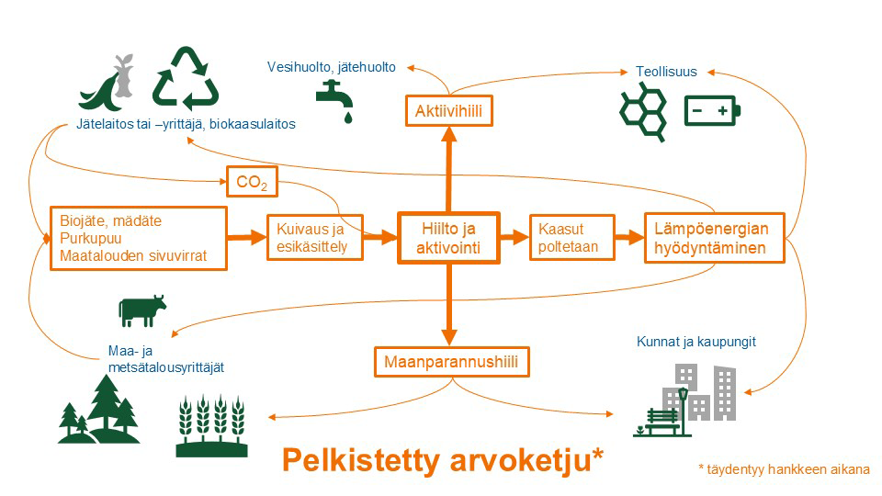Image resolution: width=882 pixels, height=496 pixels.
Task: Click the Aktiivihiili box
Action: tap(449, 112)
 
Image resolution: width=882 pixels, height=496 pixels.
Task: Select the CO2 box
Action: tap(252, 182)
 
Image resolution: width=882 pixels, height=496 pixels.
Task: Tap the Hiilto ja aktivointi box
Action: tap(448, 238)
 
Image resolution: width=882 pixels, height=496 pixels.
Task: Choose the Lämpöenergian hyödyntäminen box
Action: tap(714, 238)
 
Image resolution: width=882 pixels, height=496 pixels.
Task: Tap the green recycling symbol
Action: tap(186, 80)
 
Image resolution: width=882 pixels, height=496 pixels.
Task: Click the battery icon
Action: tap(712, 112)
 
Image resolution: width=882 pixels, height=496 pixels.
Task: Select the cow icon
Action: tap(141, 310)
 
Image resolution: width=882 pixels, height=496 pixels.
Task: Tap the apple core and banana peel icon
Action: tap(109, 84)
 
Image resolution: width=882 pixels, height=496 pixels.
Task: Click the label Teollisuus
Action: tap(666, 72)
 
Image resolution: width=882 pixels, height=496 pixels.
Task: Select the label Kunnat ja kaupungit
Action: tap(695, 342)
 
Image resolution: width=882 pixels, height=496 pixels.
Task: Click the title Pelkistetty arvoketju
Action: tap(442, 459)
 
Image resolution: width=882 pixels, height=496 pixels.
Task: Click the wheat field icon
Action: tap(213, 425)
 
